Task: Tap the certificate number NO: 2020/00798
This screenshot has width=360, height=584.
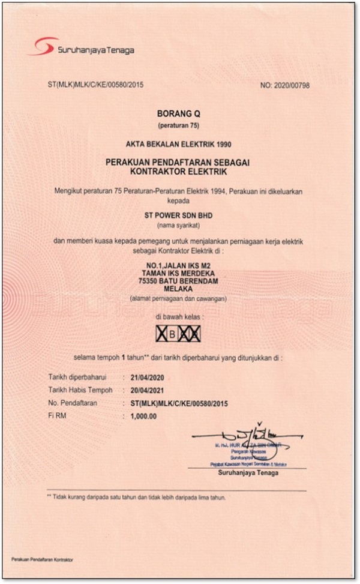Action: click(x=285, y=86)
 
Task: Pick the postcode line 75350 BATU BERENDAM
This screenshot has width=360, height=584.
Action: click(x=181, y=280)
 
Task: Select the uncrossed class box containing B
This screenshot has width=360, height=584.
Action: click(x=173, y=334)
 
